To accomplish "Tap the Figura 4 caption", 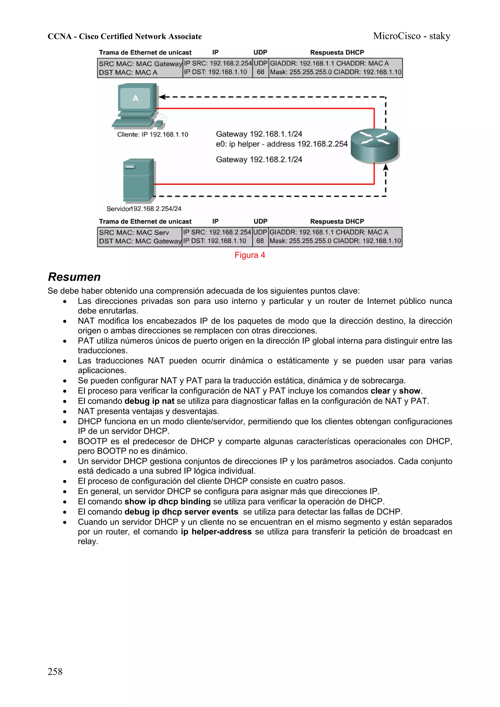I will [250, 255].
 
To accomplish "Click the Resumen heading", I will [74, 277].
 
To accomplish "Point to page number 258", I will [55, 671].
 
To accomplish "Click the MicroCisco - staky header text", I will [411, 36].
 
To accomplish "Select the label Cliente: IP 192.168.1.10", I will [153, 134].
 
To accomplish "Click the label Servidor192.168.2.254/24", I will [144, 209].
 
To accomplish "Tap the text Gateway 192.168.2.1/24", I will [259, 160].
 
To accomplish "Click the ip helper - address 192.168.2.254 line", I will [281, 144].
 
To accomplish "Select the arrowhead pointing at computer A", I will [162, 97].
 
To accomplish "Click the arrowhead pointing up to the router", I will [385, 167].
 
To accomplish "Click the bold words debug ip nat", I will [149, 401].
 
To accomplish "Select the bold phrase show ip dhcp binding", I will [167, 501].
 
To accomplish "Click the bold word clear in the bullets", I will [380, 391].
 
